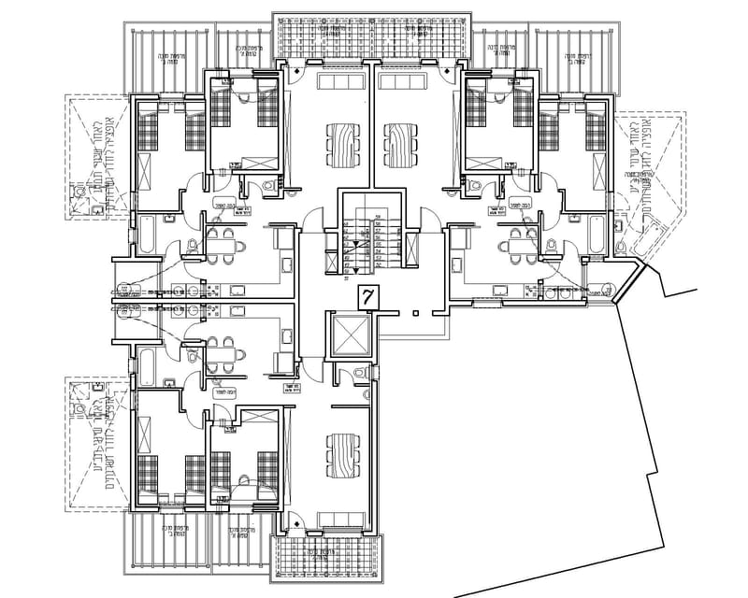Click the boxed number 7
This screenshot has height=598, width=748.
tap(367, 296)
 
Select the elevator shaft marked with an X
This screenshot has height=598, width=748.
tap(352, 334)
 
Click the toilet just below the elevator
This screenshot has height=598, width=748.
tap(359, 375)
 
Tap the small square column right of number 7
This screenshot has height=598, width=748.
tap(414, 313)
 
